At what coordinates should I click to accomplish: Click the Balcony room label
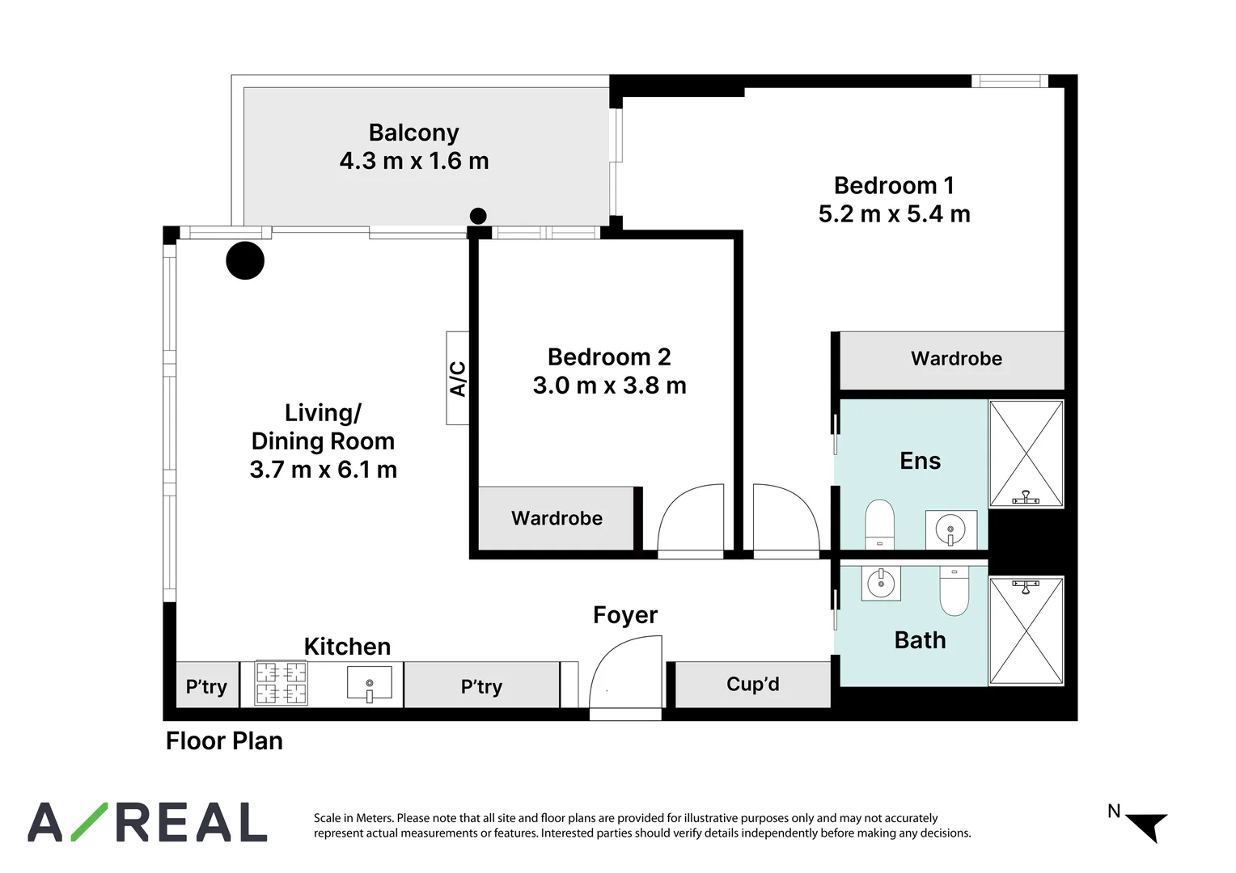[x=414, y=133]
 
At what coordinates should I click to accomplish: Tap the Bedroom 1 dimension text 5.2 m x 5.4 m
[x=894, y=214]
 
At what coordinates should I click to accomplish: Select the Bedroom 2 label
[x=609, y=357]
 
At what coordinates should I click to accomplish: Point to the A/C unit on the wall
[x=457, y=378]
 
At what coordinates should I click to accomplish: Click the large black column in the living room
[x=245, y=260]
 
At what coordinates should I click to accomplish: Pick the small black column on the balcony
[x=478, y=216]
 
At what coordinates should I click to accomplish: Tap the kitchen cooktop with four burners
[x=281, y=683]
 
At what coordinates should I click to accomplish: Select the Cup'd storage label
[x=752, y=684]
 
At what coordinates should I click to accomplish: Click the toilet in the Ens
[x=879, y=525]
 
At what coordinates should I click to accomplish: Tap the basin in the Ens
[x=950, y=530]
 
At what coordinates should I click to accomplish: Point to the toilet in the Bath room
[x=955, y=591]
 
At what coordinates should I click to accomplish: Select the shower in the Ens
[x=1026, y=453]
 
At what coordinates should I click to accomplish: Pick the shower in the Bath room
[x=1026, y=630]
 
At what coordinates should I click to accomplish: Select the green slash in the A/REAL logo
[x=90, y=822]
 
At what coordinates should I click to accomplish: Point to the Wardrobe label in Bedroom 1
[x=956, y=358]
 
